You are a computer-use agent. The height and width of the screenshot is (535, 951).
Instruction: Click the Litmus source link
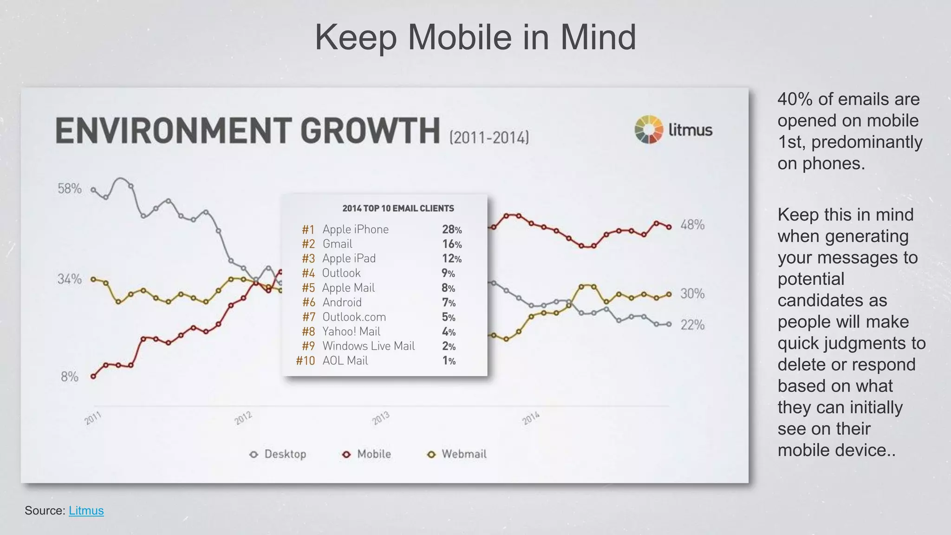point(86,510)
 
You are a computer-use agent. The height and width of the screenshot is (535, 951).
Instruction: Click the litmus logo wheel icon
point(649,130)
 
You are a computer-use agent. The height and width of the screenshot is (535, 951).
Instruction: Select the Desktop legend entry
point(278,454)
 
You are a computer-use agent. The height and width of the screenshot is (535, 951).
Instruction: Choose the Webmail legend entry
point(457,454)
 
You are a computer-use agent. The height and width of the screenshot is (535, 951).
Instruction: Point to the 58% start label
point(70,189)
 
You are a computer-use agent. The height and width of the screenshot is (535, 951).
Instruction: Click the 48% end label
point(692,225)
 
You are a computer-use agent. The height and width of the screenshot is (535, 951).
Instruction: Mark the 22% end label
point(692,325)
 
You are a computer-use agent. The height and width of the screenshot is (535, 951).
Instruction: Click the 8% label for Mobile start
point(70,377)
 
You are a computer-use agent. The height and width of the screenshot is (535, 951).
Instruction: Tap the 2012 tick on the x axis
point(243,418)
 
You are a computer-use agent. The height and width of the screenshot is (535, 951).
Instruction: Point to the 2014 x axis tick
point(531,418)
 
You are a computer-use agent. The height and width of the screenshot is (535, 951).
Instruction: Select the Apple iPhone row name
point(355,229)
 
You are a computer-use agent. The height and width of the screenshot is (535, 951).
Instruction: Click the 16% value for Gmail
point(451,244)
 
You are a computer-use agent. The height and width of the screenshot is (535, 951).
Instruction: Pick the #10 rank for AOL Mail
point(306,361)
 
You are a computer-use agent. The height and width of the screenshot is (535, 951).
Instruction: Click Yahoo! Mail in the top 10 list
point(351,332)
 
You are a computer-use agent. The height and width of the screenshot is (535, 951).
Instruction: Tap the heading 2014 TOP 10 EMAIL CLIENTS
point(398,209)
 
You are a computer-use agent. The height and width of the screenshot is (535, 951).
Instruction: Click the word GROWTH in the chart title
point(372,131)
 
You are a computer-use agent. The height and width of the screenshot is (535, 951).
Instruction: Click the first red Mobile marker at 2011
point(93,376)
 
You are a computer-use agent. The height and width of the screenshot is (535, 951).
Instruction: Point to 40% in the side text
point(795,99)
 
